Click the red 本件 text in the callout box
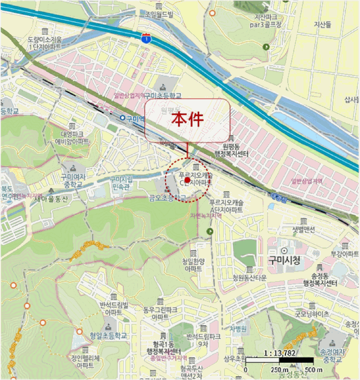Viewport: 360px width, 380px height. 187,119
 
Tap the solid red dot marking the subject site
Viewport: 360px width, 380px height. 187,179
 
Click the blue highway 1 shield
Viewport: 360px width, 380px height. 146,38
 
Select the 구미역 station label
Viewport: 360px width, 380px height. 132,118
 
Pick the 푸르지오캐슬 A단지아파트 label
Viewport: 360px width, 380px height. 224,205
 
